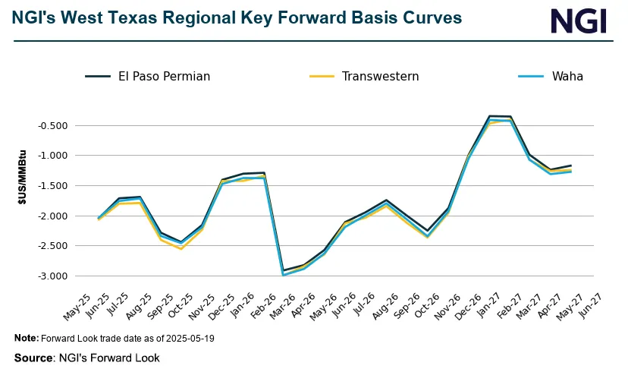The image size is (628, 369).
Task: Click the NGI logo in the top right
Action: click(x=578, y=20)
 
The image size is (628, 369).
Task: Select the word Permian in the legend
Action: click(x=185, y=76)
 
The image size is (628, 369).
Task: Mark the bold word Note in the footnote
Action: click(x=25, y=339)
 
